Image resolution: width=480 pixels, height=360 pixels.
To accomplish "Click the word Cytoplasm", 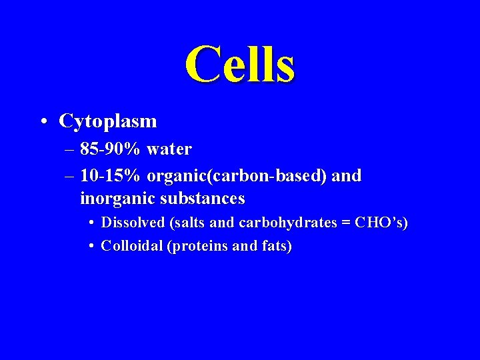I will pos(108,121).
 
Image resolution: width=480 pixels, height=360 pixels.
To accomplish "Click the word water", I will pos(169,149).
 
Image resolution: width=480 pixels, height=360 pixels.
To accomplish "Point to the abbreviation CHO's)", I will pos(381,223).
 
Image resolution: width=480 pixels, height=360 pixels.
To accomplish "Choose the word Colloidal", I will pos(131,246).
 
